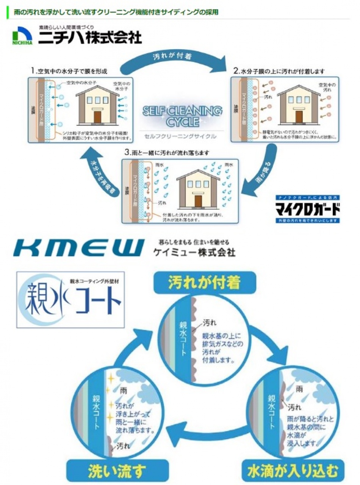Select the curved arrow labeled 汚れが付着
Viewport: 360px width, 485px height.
point(172,59)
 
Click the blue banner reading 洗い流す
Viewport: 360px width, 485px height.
point(117,471)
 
